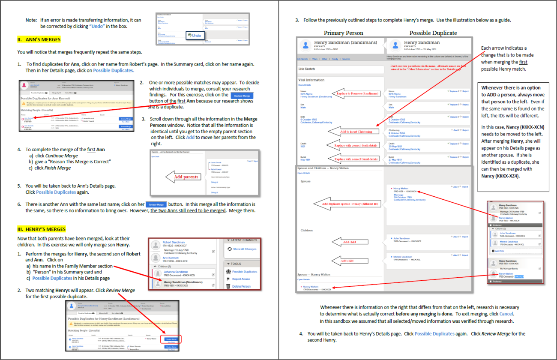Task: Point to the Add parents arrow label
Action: click(x=186, y=177)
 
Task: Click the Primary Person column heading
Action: click(x=343, y=33)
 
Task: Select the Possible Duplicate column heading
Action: click(x=433, y=33)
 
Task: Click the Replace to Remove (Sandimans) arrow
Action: click(x=352, y=93)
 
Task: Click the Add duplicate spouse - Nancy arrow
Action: click(x=346, y=204)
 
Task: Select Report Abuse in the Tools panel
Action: click(x=241, y=279)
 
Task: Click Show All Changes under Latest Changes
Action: click(x=244, y=249)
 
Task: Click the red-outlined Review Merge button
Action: click(x=171, y=339)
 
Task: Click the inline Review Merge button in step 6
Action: click(x=155, y=204)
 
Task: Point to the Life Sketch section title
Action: click(x=307, y=69)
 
